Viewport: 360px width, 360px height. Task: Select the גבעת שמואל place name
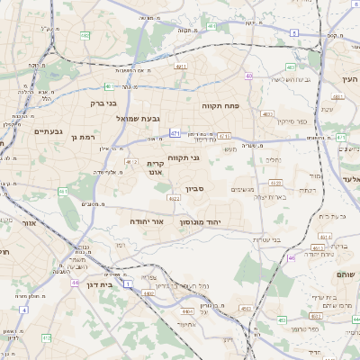[138, 118]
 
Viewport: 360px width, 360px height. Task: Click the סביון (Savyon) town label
[195, 190]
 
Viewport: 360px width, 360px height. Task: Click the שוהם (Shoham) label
[345, 274]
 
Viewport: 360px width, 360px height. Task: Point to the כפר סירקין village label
[292, 121]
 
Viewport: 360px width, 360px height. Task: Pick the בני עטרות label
[263, 238]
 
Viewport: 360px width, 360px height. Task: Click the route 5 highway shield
[293, 33]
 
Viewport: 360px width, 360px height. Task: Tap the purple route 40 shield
[248, 76]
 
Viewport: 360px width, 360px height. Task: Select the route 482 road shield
[84, 35]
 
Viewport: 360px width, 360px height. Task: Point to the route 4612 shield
[131, 162]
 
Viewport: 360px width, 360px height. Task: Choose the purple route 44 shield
[76, 282]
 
